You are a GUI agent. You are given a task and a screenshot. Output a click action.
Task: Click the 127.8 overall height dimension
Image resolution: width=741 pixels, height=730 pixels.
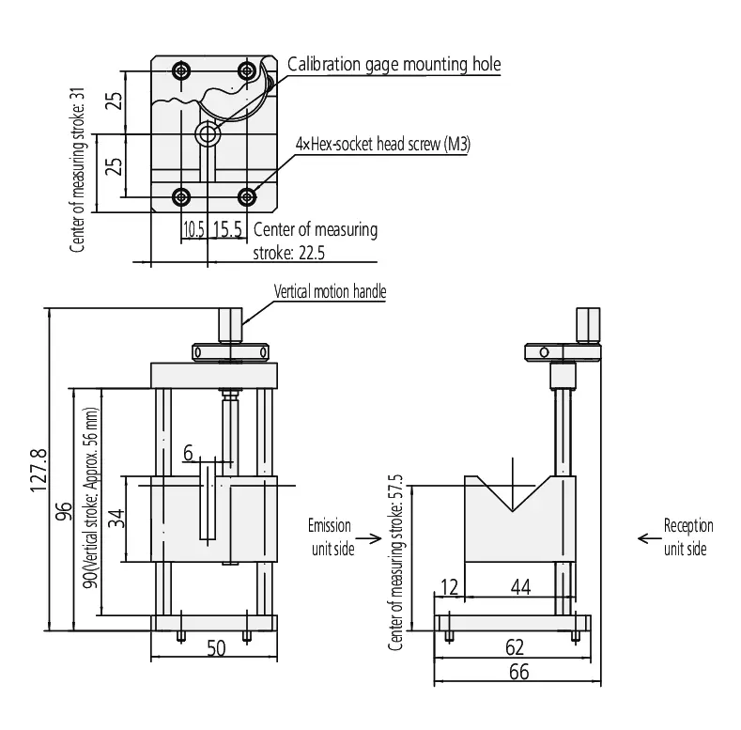coord(39,471)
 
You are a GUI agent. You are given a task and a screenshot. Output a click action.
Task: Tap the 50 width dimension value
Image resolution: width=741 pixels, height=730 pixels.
coord(216,648)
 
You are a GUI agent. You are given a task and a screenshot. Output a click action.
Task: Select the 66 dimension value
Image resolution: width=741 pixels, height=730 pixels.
coord(519,672)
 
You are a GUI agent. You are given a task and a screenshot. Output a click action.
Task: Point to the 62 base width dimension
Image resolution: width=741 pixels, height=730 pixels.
coord(515,647)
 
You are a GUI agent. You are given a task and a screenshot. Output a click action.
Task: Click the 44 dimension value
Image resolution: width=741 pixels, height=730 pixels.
coord(521,587)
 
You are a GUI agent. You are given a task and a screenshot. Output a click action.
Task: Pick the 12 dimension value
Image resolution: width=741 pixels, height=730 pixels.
coord(449,587)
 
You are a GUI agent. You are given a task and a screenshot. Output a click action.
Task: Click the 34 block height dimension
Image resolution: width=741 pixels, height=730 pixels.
coord(116,519)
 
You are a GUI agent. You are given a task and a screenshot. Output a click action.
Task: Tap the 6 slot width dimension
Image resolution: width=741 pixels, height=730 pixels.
coord(188,453)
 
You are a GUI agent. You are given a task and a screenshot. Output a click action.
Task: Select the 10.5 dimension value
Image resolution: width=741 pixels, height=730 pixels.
coord(193,229)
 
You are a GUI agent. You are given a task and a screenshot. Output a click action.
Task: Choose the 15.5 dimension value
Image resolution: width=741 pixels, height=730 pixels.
coord(227,229)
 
